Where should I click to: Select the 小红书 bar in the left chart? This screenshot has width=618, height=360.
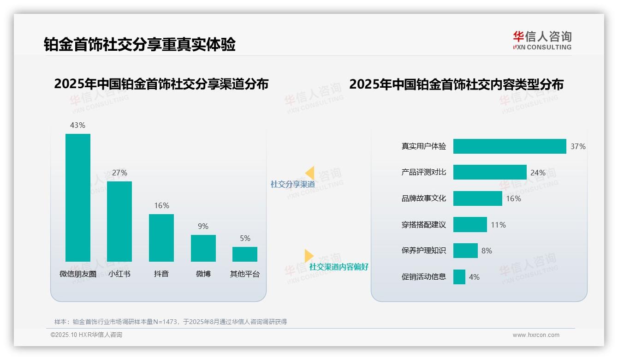pyautogui.click(x=119, y=222)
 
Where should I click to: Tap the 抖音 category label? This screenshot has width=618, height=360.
pyautogui.click(x=161, y=274)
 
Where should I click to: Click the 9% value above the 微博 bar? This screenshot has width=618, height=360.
pyautogui.click(x=203, y=226)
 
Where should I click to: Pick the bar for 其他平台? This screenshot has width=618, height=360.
pyautogui.click(x=245, y=254)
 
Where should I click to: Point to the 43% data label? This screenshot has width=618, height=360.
pyautogui.click(x=77, y=125)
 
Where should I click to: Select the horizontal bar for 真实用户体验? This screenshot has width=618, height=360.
pyautogui.click(x=509, y=146)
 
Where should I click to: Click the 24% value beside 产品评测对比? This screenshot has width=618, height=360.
pyautogui.click(x=538, y=173)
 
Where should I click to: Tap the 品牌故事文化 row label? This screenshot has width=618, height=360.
pyautogui.click(x=424, y=198)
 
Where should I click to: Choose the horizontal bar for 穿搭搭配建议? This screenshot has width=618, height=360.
pyautogui.click(x=470, y=225)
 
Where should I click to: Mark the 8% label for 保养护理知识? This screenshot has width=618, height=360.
pyautogui.click(x=487, y=251)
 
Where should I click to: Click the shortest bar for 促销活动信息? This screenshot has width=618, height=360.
pyautogui.click(x=459, y=277)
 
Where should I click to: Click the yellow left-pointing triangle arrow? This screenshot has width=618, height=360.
pyautogui.click(x=310, y=173)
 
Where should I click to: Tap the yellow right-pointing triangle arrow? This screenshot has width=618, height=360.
pyautogui.click(x=309, y=256)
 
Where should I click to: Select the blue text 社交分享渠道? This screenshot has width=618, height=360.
pyautogui.click(x=292, y=184)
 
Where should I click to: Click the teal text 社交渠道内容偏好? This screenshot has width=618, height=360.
pyautogui.click(x=339, y=267)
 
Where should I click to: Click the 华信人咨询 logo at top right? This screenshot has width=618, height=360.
pyautogui.click(x=542, y=40)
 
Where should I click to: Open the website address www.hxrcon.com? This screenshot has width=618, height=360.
pyautogui.click(x=535, y=335)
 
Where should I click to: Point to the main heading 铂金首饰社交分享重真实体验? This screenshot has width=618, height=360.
pyautogui.click(x=139, y=44)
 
